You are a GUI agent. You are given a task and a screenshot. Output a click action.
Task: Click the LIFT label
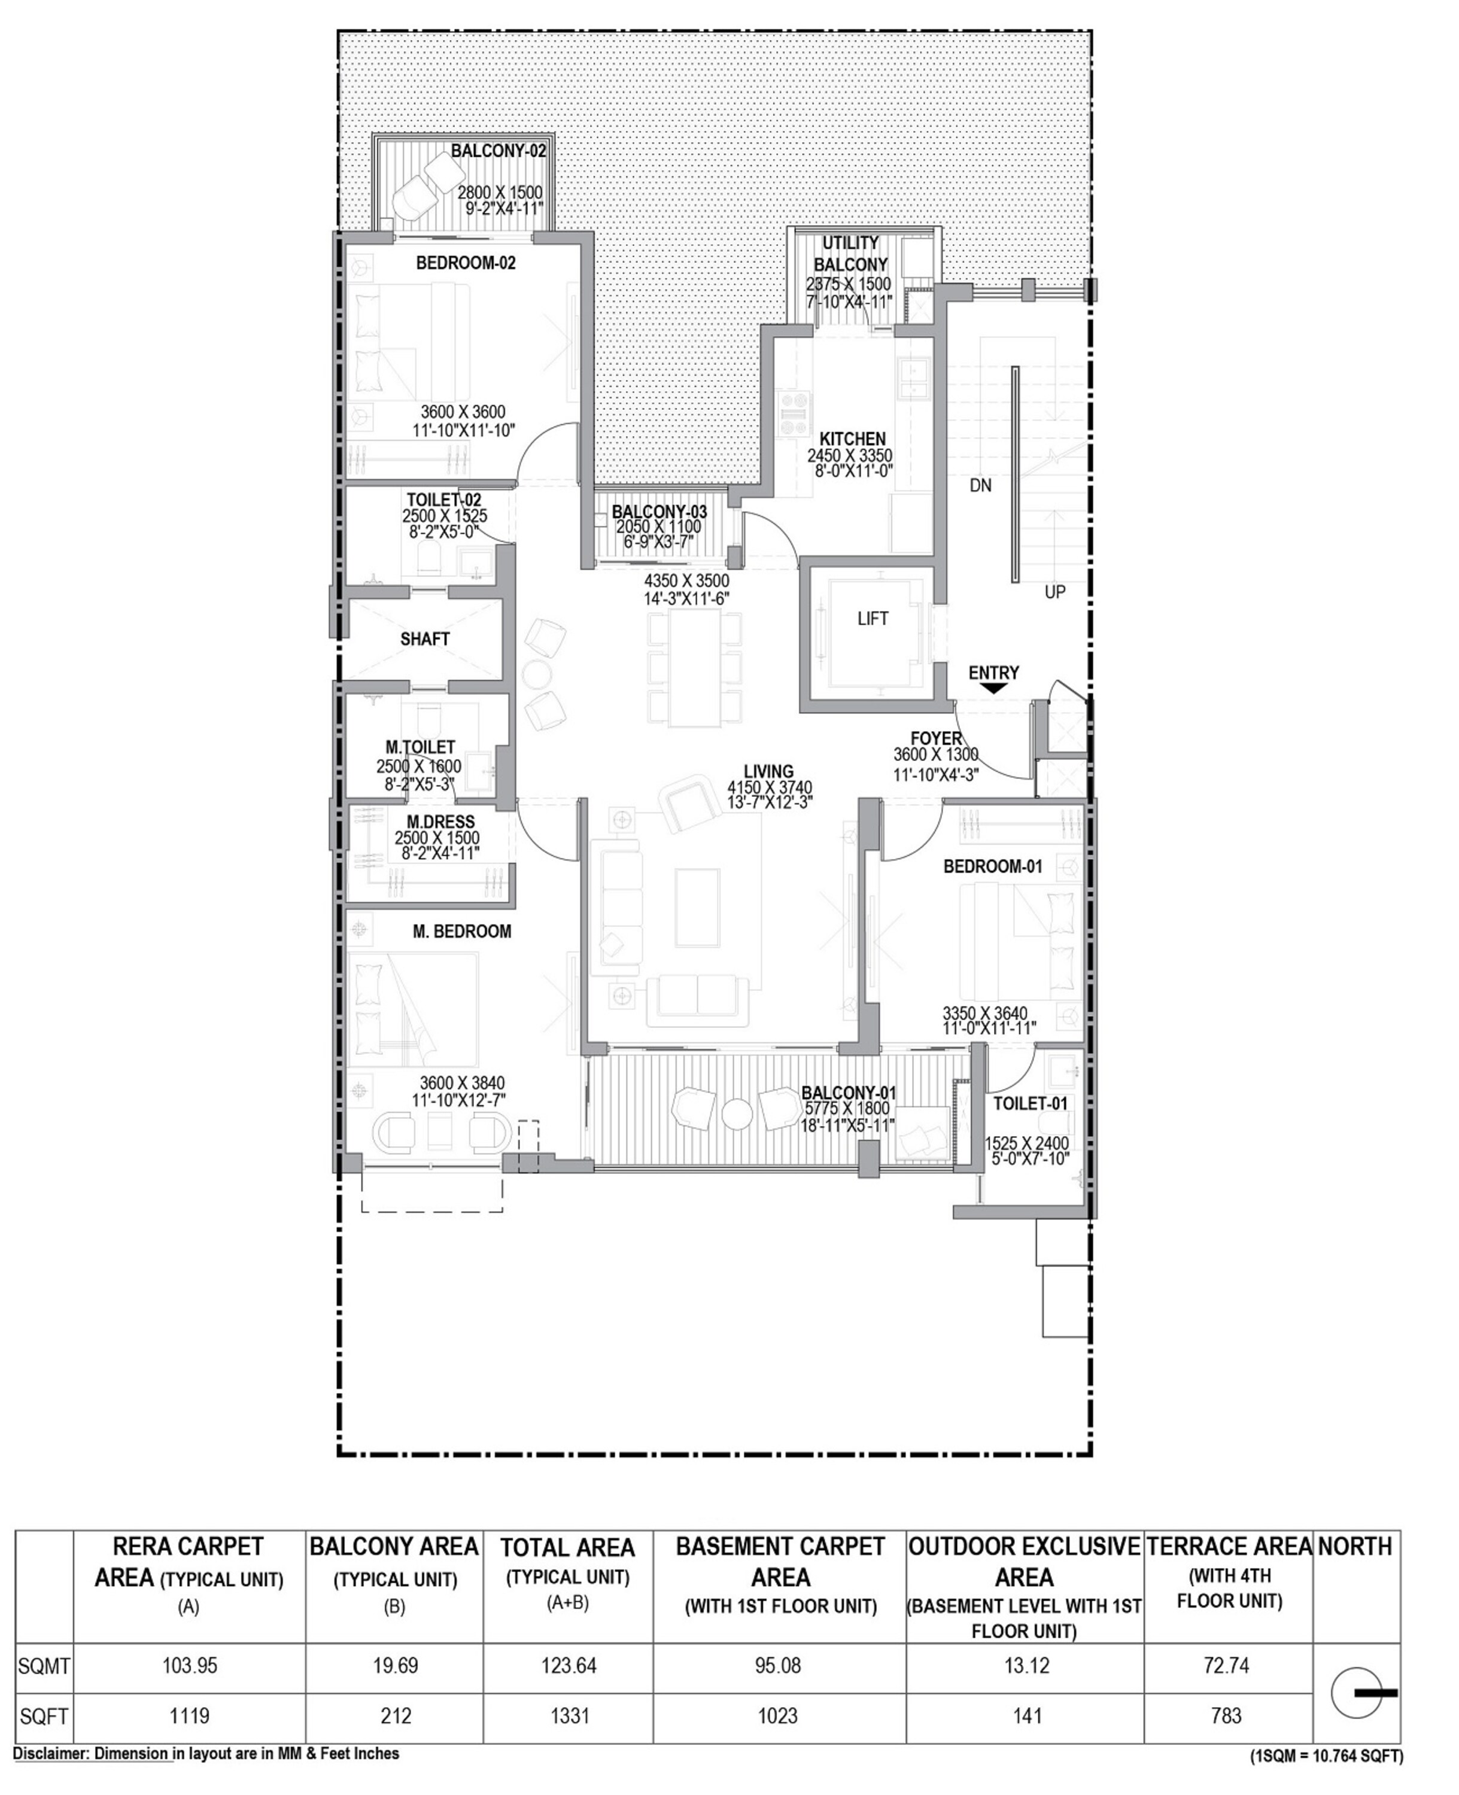(873, 619)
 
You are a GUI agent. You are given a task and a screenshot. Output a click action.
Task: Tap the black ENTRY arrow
(993, 688)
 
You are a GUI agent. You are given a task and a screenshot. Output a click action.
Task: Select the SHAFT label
(424, 638)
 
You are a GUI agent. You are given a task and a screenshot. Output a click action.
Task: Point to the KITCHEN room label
(852, 439)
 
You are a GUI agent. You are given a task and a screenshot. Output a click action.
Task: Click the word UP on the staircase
(1054, 592)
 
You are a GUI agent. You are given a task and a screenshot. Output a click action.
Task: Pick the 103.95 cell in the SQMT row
(190, 1665)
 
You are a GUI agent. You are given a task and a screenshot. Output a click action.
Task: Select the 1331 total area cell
(569, 1715)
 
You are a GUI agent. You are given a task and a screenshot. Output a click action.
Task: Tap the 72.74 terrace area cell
(1226, 1665)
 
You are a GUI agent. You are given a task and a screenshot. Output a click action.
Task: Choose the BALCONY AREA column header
(394, 1546)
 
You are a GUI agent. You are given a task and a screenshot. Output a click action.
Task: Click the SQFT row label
(44, 1716)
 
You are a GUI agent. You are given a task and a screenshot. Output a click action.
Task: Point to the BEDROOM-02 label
(466, 263)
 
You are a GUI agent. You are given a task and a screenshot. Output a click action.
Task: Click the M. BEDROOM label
(461, 931)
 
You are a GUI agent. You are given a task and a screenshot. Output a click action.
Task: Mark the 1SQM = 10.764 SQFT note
(1326, 1756)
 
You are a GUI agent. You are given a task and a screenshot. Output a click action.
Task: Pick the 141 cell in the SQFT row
(1027, 1715)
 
